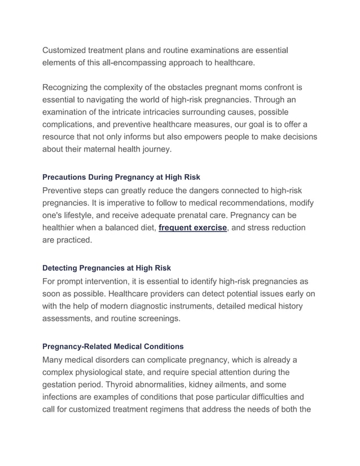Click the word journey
click(x=152, y=150)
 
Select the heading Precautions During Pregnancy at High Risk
click(x=121, y=177)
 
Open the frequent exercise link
click(x=192, y=227)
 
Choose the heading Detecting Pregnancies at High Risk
click(x=107, y=267)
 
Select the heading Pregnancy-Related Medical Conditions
click(x=113, y=346)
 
